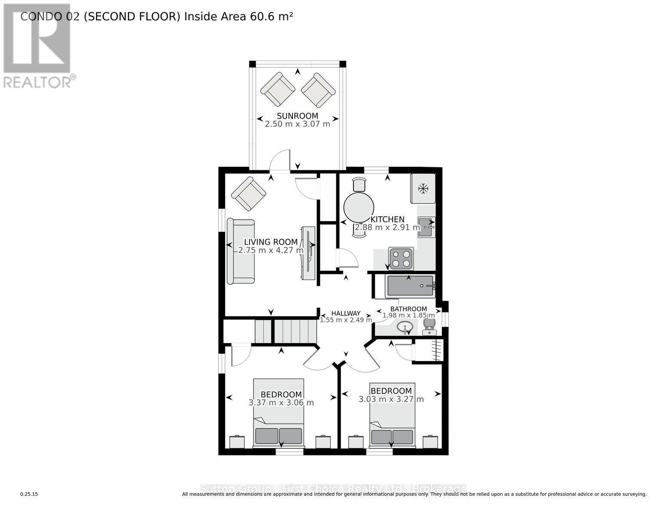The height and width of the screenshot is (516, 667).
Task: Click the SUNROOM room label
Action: (297, 116)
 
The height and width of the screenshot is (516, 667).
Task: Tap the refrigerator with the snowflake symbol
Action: (423, 188)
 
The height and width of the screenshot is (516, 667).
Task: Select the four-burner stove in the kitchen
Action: (401, 258)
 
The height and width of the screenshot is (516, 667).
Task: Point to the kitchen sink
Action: (426, 227)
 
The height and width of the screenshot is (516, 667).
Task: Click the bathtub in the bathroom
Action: (410, 286)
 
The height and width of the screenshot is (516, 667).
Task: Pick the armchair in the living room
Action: (248, 193)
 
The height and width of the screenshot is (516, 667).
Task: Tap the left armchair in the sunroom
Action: (277, 89)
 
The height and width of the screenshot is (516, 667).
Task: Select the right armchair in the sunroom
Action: (318, 90)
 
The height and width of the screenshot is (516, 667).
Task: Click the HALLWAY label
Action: (346, 313)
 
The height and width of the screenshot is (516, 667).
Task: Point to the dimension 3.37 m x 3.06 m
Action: (281, 403)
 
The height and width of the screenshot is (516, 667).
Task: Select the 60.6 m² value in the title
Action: (268, 16)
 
